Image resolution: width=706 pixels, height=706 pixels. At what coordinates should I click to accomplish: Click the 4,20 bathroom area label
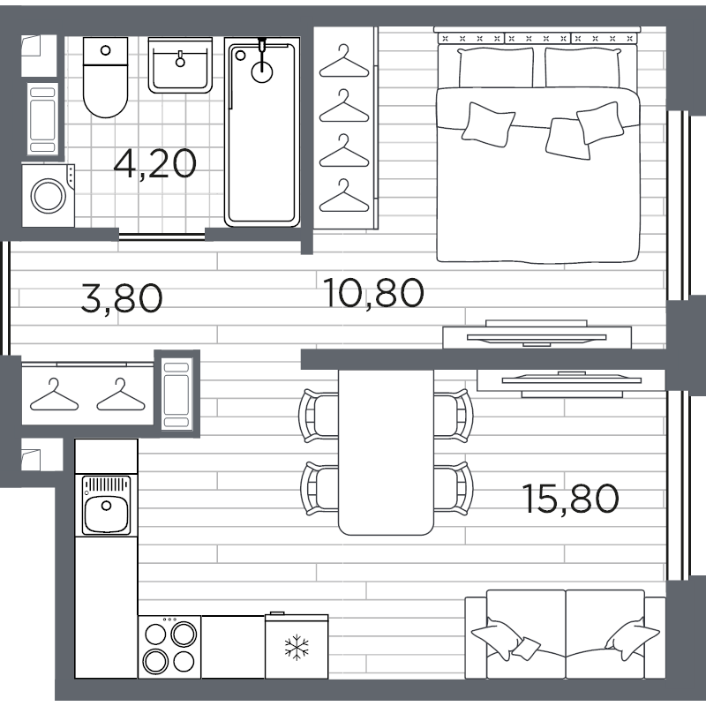click(x=154, y=164)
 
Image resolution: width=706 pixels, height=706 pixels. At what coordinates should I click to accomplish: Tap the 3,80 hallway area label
click(x=122, y=297)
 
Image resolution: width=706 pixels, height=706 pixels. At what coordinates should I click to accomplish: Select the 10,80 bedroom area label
click(x=373, y=293)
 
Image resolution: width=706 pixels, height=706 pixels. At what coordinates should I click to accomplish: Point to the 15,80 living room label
click(x=570, y=499)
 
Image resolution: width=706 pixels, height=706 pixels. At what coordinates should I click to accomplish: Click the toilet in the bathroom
click(x=105, y=77)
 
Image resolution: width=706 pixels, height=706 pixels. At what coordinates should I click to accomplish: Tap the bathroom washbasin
click(x=180, y=65)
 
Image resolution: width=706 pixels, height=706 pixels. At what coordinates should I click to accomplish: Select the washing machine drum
click(x=49, y=196)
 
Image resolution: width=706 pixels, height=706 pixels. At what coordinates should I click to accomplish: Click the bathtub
click(x=262, y=131)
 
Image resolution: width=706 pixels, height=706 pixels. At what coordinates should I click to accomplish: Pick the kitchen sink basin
click(x=106, y=514)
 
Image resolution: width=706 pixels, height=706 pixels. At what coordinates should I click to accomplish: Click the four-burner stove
click(x=169, y=647)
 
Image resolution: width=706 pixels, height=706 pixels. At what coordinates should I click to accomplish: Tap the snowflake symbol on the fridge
click(x=297, y=648)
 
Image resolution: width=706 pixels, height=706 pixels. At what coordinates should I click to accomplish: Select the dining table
click(x=386, y=453)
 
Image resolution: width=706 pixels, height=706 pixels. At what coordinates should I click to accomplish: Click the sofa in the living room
click(x=565, y=634)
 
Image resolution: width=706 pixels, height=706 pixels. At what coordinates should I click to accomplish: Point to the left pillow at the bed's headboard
click(x=496, y=67)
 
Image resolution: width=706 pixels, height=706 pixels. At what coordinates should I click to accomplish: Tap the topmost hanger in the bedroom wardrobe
click(x=344, y=62)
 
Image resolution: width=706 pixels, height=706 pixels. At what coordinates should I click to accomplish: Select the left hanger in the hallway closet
click(x=54, y=395)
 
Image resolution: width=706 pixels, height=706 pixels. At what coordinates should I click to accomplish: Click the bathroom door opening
click(x=162, y=236)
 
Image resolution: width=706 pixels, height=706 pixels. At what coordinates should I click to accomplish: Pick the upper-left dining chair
click(x=319, y=416)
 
